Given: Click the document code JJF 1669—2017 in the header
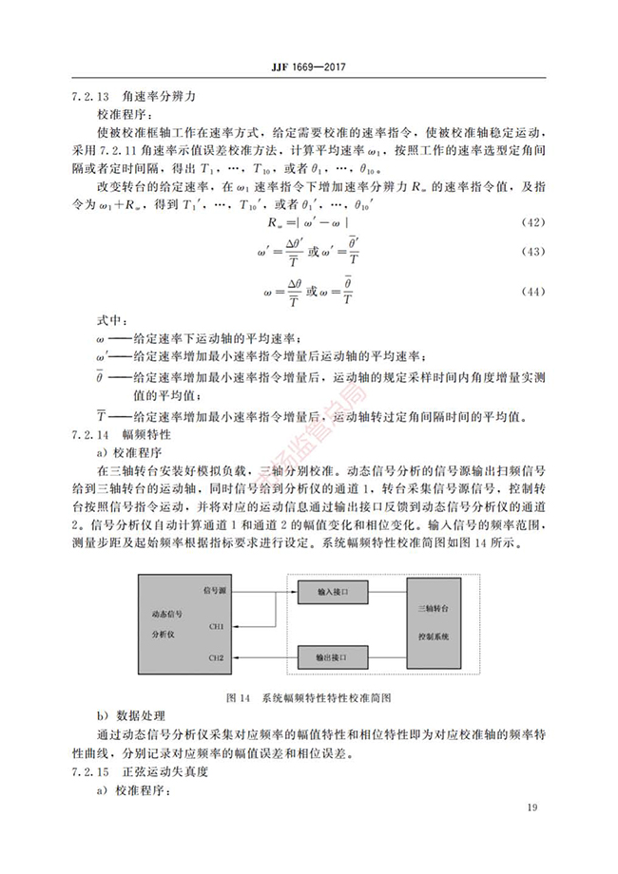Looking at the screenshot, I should [309, 68].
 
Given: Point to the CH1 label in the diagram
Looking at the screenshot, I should [218, 627].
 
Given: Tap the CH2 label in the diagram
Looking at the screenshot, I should [218, 657].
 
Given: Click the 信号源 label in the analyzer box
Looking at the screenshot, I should [214, 591].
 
